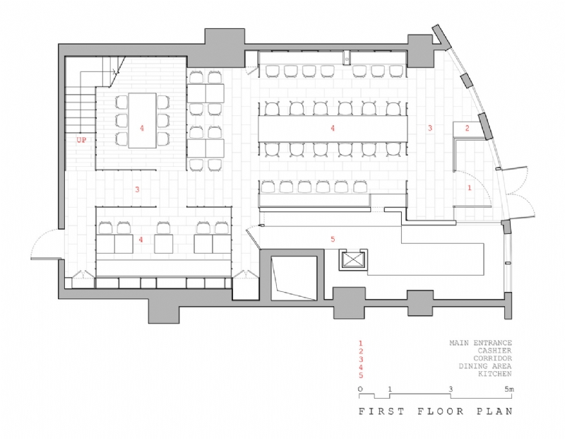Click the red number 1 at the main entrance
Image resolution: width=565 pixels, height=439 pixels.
click(469, 188)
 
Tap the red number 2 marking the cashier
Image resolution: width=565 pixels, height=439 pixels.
click(467, 128)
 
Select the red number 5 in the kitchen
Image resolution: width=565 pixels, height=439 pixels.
click(333, 239)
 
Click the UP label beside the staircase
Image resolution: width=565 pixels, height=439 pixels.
click(81, 140)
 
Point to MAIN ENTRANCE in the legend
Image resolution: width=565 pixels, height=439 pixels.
click(480, 343)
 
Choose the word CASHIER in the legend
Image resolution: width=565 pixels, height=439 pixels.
click(493, 350)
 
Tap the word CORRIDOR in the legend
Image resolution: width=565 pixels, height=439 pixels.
click(490, 358)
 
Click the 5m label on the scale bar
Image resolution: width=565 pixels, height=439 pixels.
click(508, 390)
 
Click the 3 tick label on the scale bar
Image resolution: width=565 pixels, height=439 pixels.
click(451, 390)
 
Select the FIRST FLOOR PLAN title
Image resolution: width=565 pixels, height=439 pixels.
click(434, 411)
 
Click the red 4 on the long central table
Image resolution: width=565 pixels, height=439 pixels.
click(333, 129)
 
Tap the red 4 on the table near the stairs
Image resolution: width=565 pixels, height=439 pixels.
click(142, 129)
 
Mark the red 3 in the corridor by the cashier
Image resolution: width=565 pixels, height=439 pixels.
click(429, 128)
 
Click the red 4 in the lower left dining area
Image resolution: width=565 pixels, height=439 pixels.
click(142, 240)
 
